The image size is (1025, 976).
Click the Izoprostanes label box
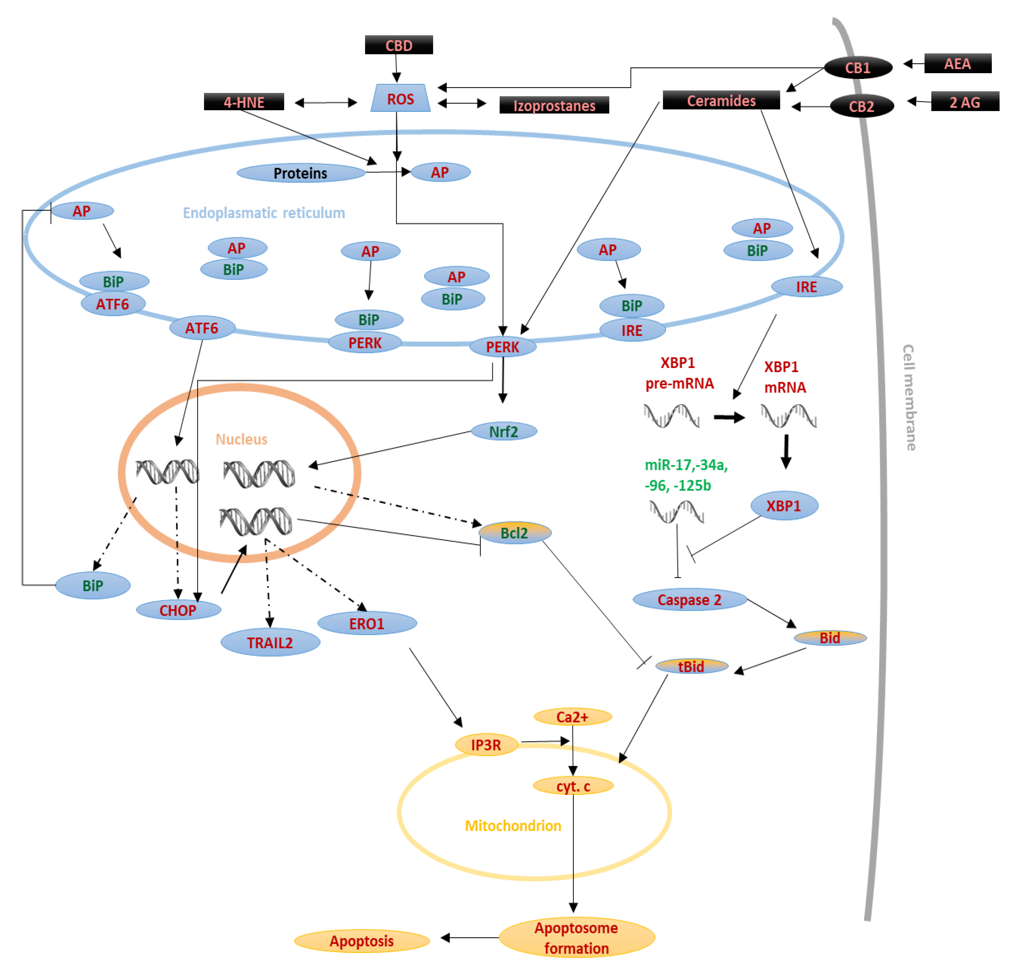pos(554,105)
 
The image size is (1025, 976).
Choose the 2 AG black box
pos(964,102)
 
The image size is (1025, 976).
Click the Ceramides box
pos(721,100)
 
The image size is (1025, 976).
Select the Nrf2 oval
pos(503,431)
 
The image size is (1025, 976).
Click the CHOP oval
pos(178,610)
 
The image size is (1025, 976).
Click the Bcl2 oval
pos(514,533)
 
